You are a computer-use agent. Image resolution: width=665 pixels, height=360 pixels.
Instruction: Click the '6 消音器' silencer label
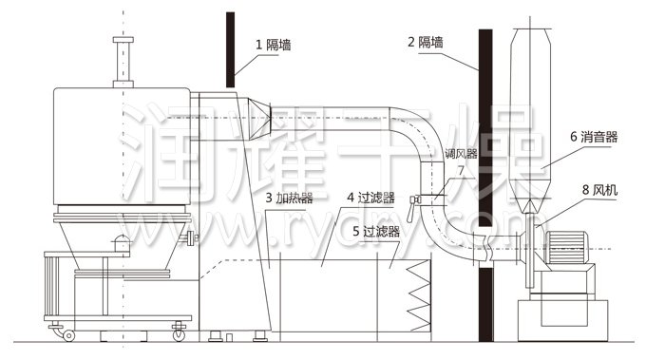594,137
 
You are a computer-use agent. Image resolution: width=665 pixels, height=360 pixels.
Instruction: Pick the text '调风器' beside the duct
460,152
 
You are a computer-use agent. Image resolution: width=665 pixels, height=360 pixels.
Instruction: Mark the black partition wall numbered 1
230,47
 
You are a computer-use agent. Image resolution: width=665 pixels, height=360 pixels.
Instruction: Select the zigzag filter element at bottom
419,294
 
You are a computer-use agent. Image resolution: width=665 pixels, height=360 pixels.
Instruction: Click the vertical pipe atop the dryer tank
121,61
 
